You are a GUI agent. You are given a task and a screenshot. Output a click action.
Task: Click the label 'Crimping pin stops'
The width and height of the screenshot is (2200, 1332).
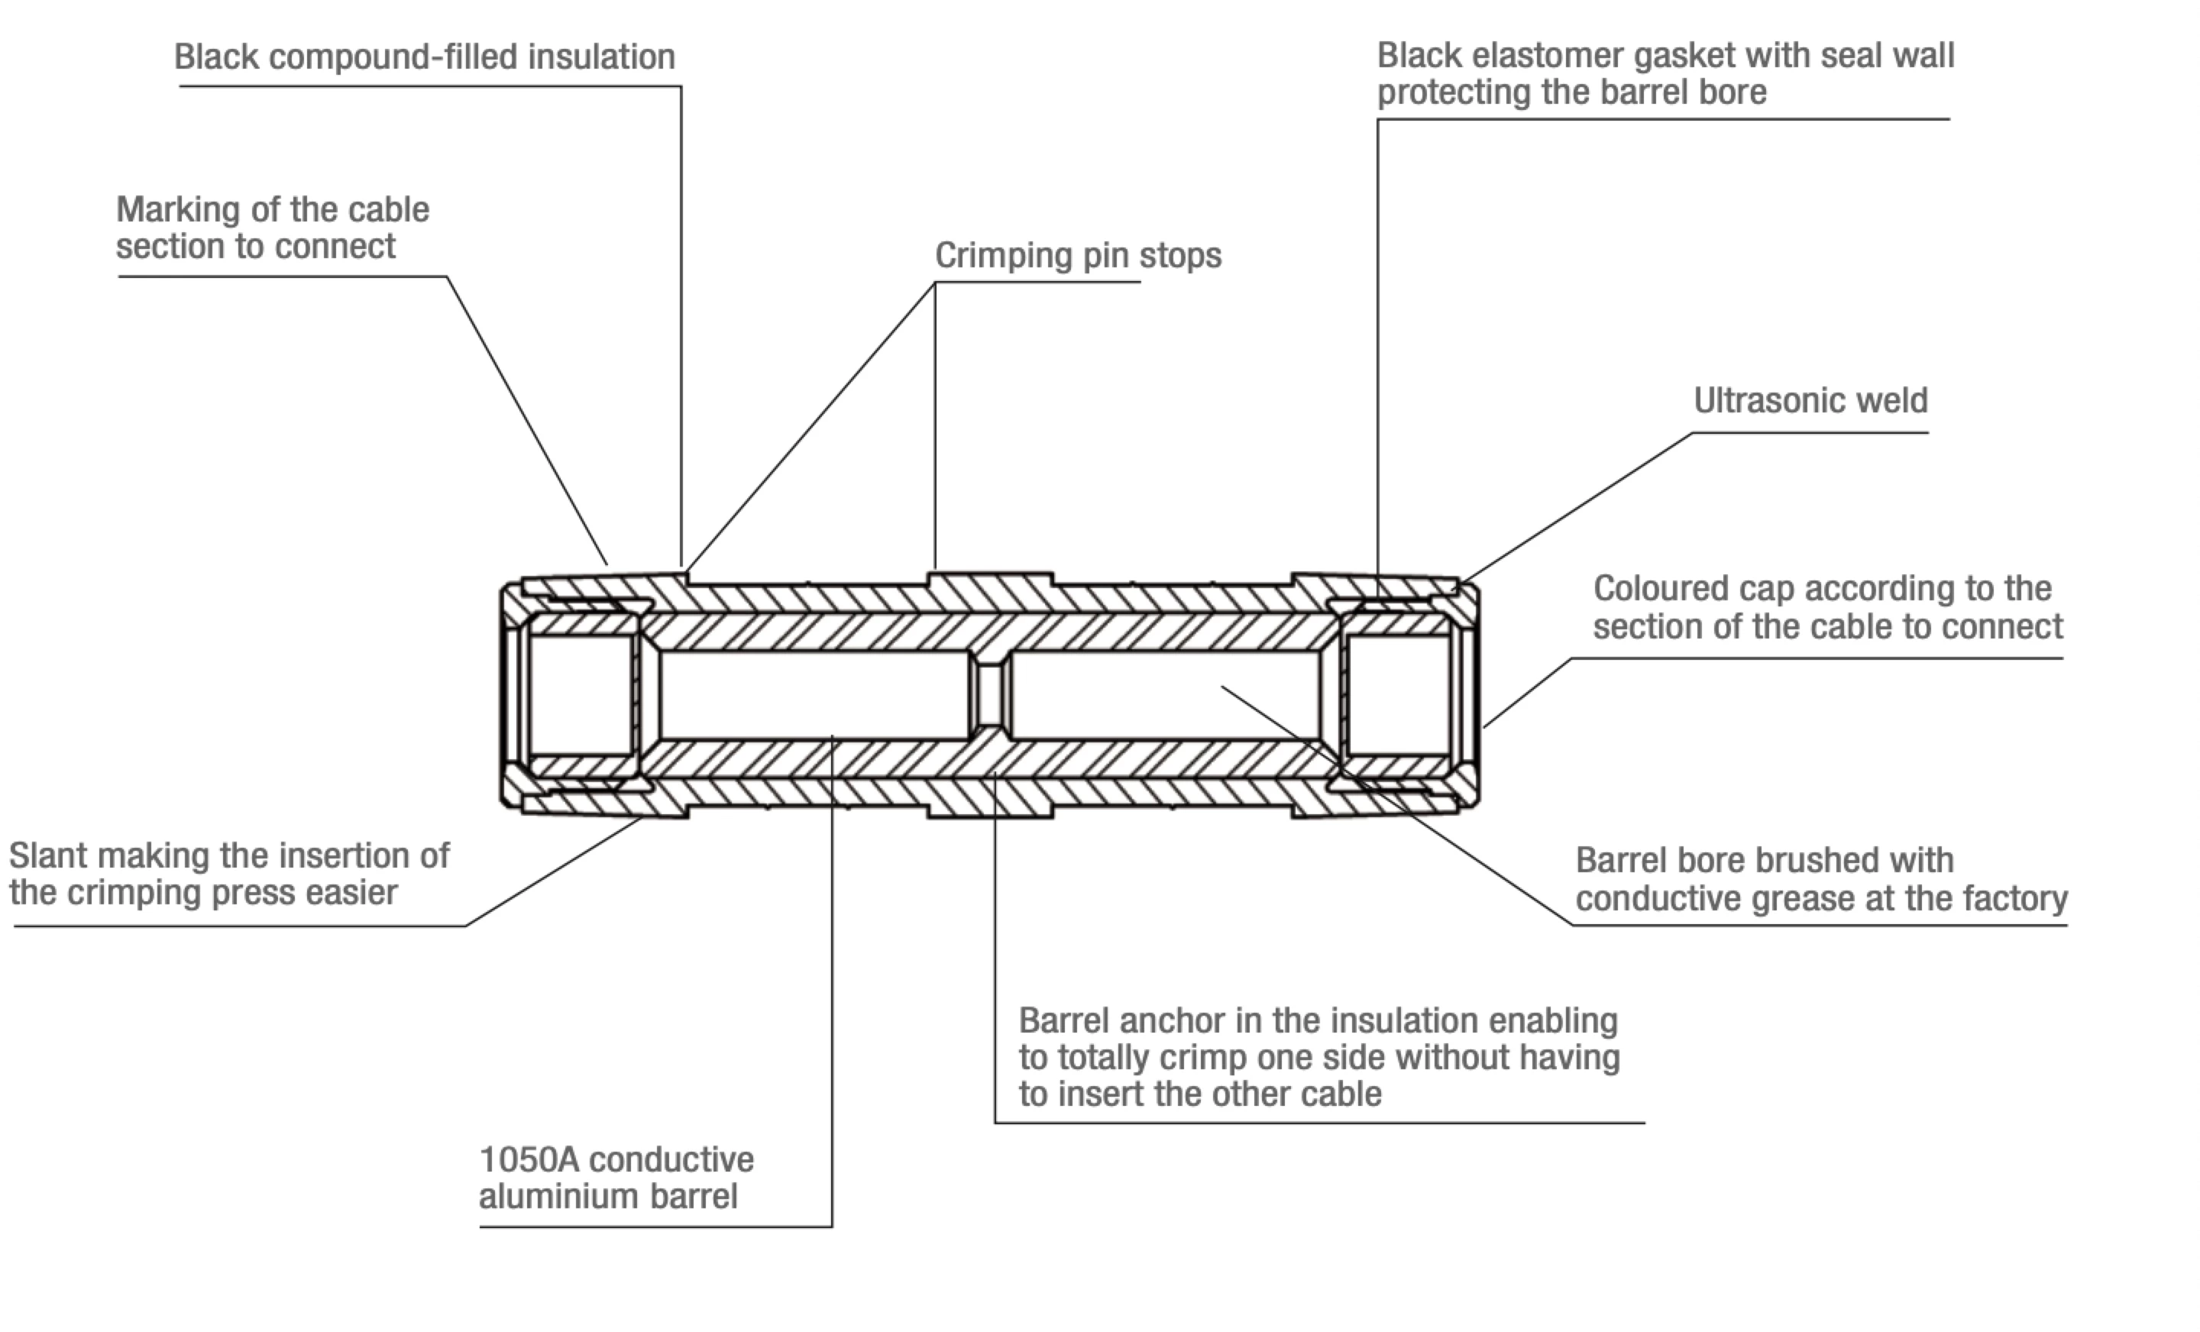click(x=1078, y=255)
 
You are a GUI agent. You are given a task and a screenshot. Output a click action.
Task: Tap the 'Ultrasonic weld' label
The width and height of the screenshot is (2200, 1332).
click(x=1810, y=400)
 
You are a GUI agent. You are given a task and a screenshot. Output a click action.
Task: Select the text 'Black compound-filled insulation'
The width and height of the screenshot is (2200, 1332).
click(x=424, y=57)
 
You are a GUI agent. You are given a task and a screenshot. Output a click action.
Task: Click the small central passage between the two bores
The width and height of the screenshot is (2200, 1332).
click(x=989, y=694)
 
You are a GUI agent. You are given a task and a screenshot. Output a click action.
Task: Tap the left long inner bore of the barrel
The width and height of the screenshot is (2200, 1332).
click(x=814, y=694)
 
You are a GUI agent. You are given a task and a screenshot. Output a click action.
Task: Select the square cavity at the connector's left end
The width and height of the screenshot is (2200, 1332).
click(x=581, y=694)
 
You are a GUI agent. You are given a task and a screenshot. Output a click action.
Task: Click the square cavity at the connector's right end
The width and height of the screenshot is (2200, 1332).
click(x=1398, y=694)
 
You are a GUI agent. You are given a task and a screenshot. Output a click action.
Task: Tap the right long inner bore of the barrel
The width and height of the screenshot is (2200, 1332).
click(x=1164, y=694)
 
